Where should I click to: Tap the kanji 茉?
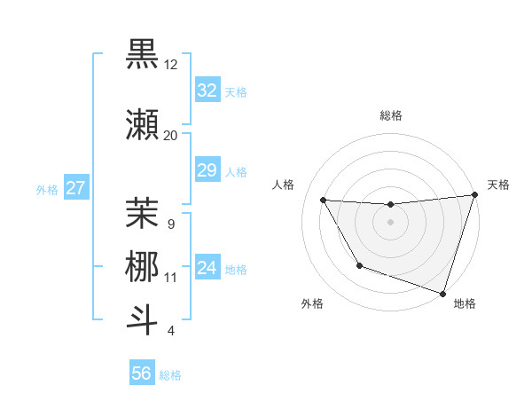(x=142, y=211)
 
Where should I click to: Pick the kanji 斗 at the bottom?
(x=142, y=319)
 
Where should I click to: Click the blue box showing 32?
(x=207, y=90)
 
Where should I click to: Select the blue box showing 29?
(x=207, y=170)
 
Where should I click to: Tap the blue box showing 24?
(x=207, y=269)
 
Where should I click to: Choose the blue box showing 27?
(x=76, y=188)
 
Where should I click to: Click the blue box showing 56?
(x=142, y=374)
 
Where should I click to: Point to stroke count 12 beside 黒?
(x=171, y=65)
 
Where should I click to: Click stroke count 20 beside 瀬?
(x=171, y=135)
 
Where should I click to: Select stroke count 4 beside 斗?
(x=171, y=331)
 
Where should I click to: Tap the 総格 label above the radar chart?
(x=391, y=115)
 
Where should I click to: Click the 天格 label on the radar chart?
(x=498, y=185)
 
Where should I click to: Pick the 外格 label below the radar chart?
(x=312, y=303)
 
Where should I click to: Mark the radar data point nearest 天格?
(x=474, y=195)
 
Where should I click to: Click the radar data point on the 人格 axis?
(x=324, y=201)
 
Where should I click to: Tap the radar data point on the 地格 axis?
(x=442, y=293)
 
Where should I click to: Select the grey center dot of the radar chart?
(x=390, y=222)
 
